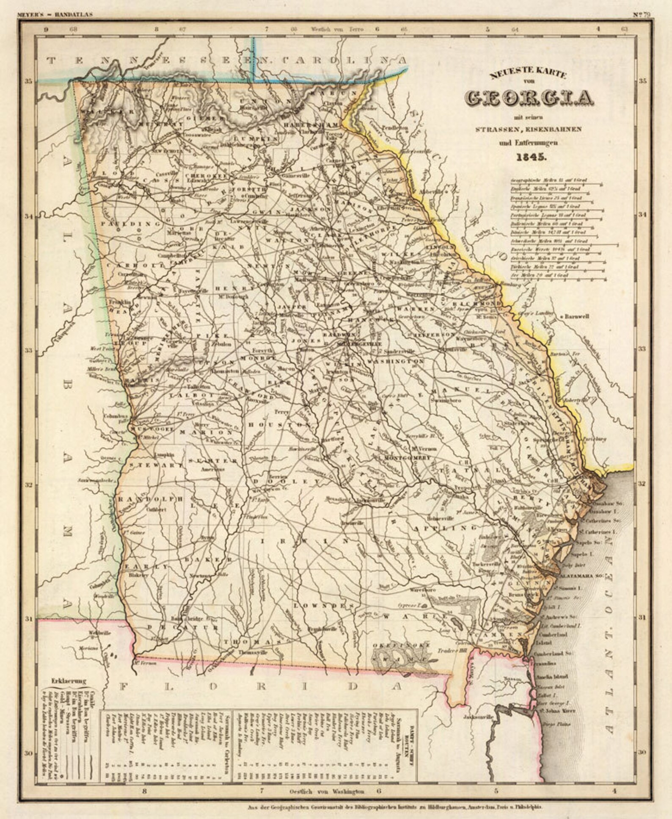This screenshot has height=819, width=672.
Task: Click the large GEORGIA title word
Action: point(531,98)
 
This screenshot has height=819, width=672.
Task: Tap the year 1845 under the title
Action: point(532,157)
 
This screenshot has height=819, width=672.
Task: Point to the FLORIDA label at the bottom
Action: point(262,686)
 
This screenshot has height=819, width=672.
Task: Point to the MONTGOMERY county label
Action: point(407,458)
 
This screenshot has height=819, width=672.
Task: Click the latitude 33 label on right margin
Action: point(642,349)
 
